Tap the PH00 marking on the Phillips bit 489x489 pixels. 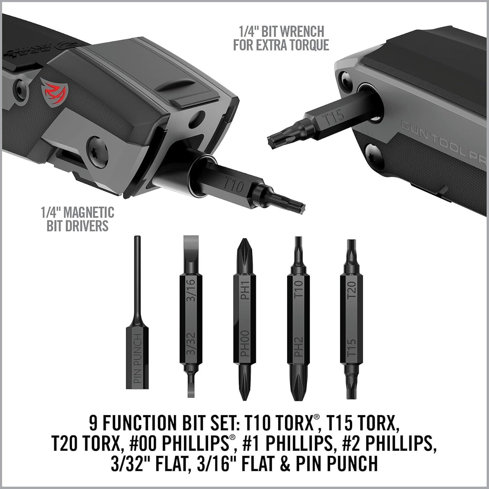245,343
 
